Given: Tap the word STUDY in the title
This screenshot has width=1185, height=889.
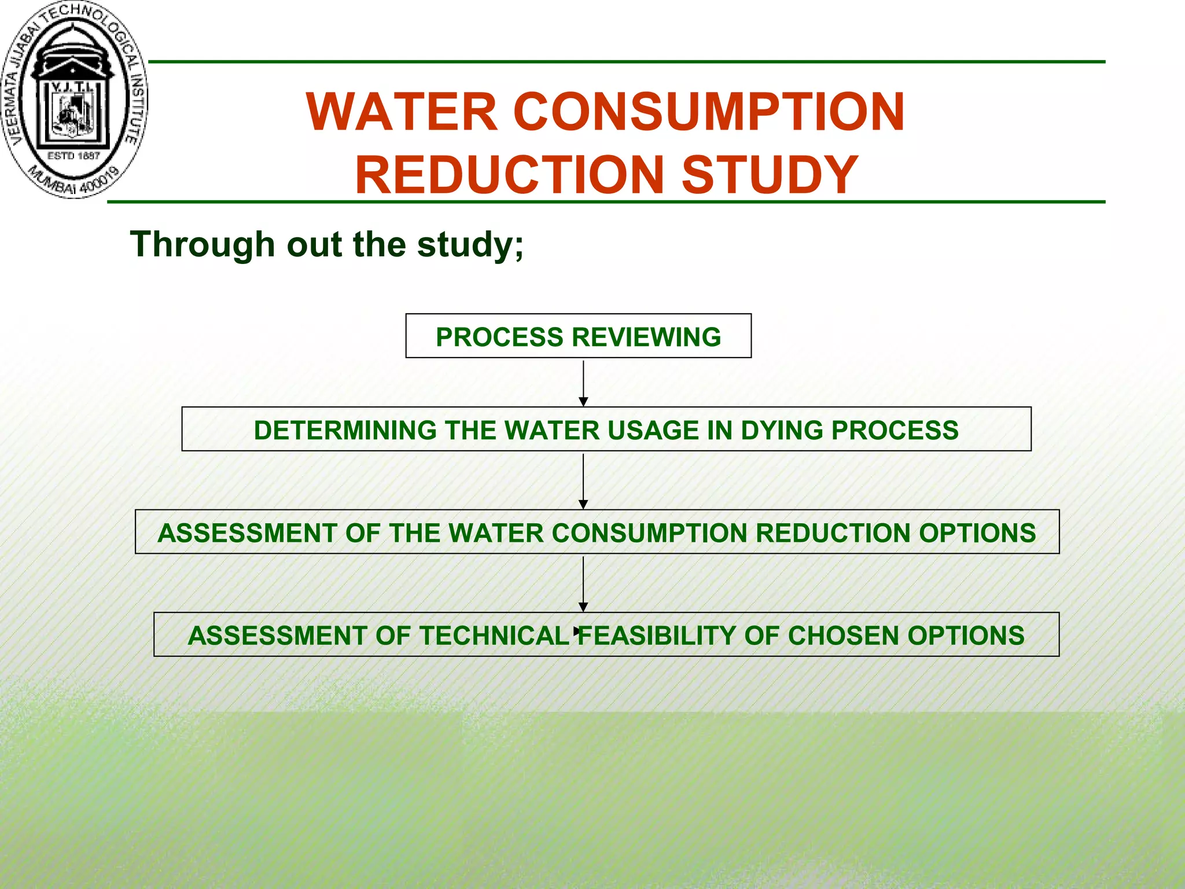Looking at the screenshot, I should click(x=770, y=174).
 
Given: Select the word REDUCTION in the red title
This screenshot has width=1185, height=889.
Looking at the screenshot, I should click(x=510, y=174).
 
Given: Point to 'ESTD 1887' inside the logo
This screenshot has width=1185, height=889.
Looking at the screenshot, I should click(x=73, y=156).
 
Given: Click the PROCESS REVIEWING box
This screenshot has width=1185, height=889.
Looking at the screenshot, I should click(x=578, y=336).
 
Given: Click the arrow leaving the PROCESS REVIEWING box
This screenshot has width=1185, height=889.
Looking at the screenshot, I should click(x=583, y=383).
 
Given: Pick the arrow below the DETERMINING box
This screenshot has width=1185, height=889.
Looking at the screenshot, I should click(x=583, y=480).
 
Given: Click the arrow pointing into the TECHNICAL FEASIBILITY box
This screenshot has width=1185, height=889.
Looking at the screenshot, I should click(x=583, y=583).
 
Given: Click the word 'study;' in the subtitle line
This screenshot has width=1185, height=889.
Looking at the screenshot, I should click(x=470, y=244).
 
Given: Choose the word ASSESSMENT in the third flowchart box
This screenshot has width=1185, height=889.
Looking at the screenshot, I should click(x=247, y=532).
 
